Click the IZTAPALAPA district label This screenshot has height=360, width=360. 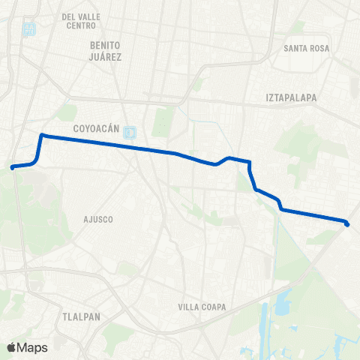click(292, 97)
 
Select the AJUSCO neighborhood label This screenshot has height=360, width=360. click(97, 220)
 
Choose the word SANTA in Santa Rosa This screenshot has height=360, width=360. click(295, 49)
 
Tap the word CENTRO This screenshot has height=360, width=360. click(81, 25)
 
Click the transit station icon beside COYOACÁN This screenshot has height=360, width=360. click(130, 131)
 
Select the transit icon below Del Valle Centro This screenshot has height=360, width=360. click(29, 31)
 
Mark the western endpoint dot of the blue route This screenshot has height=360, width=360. click(13, 167)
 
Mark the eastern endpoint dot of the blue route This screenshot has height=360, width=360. click(347, 223)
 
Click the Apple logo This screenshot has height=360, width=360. click(10, 347)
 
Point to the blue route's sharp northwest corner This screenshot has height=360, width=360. click(41, 136)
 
